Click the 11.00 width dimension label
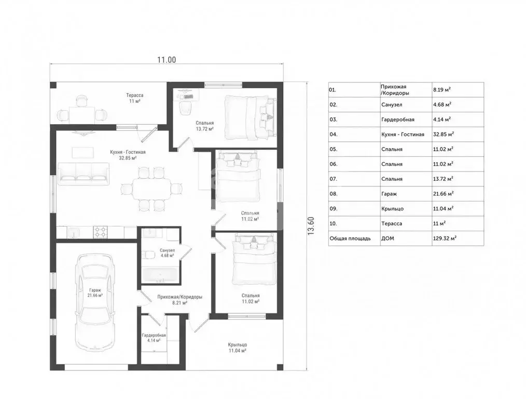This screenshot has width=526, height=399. pyautogui.click(x=167, y=60)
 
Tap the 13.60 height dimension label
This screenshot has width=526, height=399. pyautogui.click(x=311, y=225)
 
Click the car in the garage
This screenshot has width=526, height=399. pyautogui.click(x=95, y=302)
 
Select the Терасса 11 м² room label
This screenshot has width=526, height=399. pyautogui.click(x=135, y=98)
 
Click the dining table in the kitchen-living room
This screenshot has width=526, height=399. pyautogui.click(x=152, y=189)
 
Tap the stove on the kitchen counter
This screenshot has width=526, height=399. pyautogui.click(x=100, y=232)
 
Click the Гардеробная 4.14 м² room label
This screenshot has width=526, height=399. pyautogui.click(x=154, y=338)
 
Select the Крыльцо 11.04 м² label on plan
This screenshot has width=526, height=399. pyautogui.click(x=238, y=348)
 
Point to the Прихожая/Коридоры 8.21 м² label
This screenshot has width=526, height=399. pyautogui.click(x=180, y=300)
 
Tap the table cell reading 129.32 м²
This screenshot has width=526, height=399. pyautogui.click(x=445, y=238)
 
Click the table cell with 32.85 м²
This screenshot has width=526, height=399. pyautogui.click(x=444, y=134)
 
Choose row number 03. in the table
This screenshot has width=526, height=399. pyautogui.click(x=333, y=119)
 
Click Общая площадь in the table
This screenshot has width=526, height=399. pyautogui.click(x=350, y=238)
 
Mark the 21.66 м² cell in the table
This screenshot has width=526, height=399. pyautogui.click(x=443, y=193)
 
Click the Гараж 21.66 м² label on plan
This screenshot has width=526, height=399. pyautogui.click(x=95, y=292)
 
